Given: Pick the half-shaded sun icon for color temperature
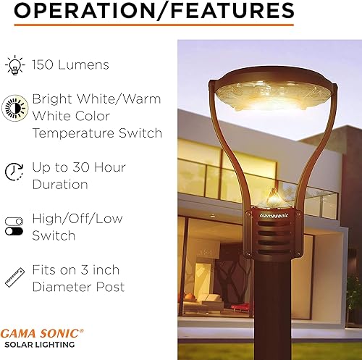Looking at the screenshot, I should coord(14,106).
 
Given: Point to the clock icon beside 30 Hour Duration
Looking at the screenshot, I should coord(14,171).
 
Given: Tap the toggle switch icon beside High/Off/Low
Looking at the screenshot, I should coord(14,225).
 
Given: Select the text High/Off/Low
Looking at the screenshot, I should coord(77,218).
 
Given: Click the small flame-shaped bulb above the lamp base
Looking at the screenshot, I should coord(272,197).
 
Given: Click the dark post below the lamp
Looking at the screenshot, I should coord(272,311).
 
